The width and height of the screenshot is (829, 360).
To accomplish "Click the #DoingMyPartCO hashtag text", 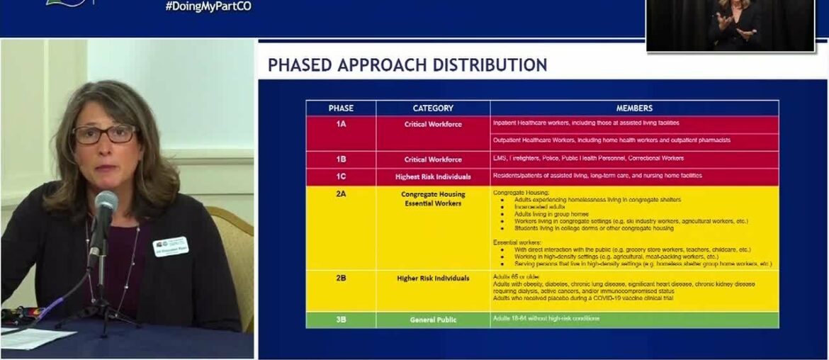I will click(208, 6).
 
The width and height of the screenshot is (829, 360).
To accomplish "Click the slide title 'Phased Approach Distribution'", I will click(407, 65).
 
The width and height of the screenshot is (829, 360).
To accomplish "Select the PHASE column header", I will click(341, 108).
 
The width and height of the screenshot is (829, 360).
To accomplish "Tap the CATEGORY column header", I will click(433, 108).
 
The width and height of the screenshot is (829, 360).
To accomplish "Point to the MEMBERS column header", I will click(634, 108).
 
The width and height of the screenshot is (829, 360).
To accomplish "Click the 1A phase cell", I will click(341, 124).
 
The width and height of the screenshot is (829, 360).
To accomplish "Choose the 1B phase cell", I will click(341, 159).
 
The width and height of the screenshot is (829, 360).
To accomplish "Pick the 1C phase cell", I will click(341, 176).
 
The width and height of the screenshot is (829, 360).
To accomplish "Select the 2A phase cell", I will click(341, 193).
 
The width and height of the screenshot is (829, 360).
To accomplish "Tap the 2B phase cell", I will click(341, 278).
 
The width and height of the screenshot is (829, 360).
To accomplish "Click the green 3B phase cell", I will click(341, 320).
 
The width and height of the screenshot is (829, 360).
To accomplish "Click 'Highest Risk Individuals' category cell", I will click(433, 176).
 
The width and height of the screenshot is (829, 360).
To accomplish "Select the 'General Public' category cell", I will click(433, 320).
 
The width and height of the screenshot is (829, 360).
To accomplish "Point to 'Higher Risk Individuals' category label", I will click(433, 279).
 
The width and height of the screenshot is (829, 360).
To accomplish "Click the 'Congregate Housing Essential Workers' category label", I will click(433, 198).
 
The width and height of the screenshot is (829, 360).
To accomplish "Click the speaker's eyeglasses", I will click(105, 134).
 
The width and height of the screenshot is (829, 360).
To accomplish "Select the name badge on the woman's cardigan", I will click(170, 247).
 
